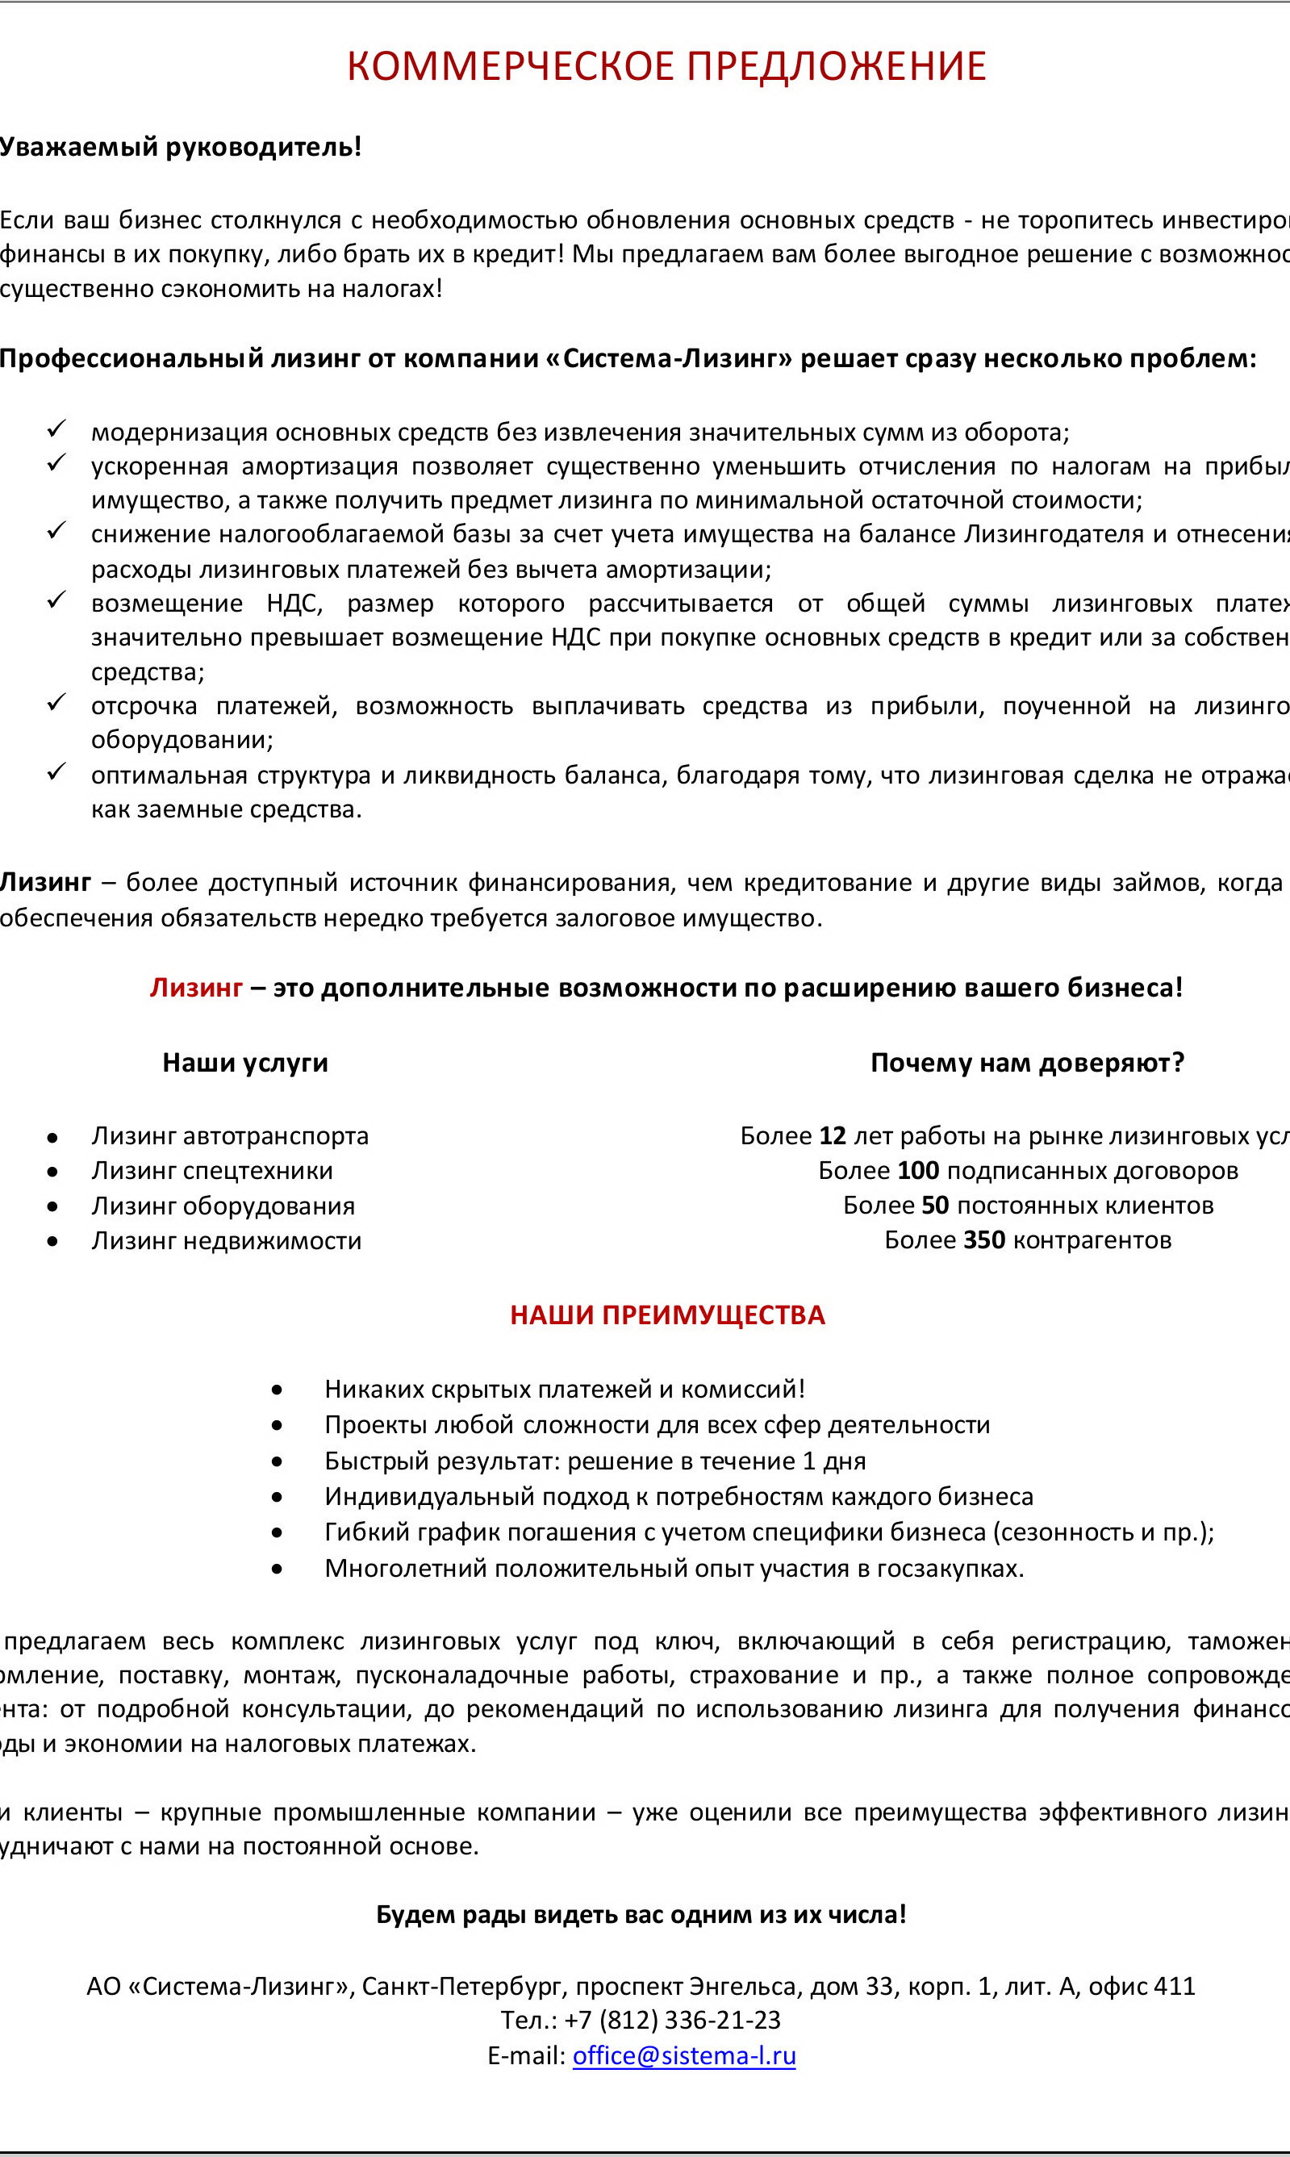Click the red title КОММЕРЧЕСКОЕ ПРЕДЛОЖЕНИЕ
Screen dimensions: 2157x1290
tap(666, 67)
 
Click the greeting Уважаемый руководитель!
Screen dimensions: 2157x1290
tap(180, 147)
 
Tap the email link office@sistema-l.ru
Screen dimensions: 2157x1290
tap(684, 2055)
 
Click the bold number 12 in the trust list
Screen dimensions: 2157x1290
tap(832, 1135)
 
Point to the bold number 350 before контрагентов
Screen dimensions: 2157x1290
tap(984, 1239)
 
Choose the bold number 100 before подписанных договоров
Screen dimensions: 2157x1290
tap(918, 1170)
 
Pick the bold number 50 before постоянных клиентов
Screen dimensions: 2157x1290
tap(934, 1205)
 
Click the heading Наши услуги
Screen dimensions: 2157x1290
tap(245, 1063)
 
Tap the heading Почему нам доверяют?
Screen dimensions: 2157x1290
tap(1027, 1063)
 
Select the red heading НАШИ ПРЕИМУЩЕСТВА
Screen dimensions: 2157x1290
tap(666, 1315)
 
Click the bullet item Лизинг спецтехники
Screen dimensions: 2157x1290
tap(212, 1170)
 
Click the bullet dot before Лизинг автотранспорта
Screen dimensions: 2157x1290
tap(53, 1137)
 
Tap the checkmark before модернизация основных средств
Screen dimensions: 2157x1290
tap(56, 428)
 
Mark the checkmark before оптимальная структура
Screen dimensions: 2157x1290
tap(56, 771)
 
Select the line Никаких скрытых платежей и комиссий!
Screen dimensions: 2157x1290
tap(564, 1389)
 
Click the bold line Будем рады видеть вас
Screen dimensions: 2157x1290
tap(641, 1913)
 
